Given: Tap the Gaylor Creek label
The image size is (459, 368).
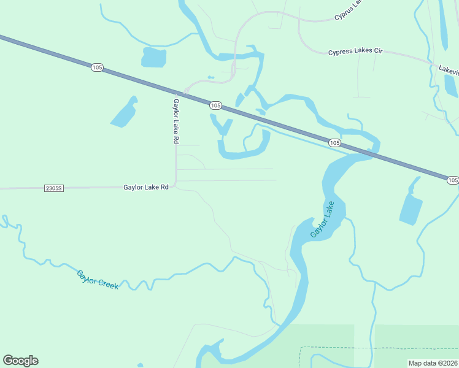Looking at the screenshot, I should click(97, 280).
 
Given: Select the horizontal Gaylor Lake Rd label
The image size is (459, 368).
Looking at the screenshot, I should click(145, 187).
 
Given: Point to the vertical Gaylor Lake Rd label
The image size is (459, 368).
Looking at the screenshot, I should click(175, 121).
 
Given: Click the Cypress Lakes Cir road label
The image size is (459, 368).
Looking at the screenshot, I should click(355, 52).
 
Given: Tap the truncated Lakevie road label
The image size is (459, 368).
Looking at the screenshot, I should click(449, 69).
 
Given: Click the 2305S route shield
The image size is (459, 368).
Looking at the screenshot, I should click(54, 188).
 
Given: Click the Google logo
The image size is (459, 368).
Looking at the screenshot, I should click(20, 361).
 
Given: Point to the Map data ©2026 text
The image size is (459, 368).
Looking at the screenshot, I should click(433, 363).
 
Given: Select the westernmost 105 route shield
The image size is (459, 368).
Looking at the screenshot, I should click(97, 67).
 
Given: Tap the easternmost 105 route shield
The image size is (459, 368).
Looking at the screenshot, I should click(452, 180).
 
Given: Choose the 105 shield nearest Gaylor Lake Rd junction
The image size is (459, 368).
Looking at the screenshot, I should click(215, 105).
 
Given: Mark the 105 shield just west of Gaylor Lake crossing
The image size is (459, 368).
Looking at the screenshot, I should click(334, 142).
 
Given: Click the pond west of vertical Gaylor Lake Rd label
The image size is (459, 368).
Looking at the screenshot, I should click(124, 113).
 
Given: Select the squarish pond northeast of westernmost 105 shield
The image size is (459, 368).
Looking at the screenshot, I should click(154, 58).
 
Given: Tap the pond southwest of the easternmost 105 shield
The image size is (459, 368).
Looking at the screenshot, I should click(411, 206).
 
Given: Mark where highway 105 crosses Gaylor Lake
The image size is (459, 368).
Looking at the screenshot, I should click(368, 154).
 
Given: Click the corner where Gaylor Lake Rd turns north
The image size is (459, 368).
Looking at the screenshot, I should click(175, 185).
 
